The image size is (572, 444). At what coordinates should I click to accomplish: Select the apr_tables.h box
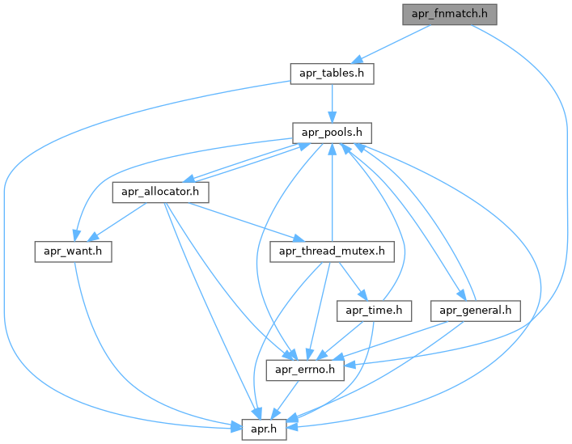coord(332,74)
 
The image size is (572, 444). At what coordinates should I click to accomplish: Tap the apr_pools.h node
coord(332,133)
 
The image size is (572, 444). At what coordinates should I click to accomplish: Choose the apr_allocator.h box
coord(161,192)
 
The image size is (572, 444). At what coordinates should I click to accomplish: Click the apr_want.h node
coord(72,252)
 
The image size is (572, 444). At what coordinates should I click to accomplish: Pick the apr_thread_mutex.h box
coord(332,252)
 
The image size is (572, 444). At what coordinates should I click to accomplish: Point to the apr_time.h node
coord(375,311)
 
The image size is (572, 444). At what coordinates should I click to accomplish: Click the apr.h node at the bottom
coord(264,429)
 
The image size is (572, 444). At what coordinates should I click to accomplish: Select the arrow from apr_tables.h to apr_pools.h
coord(332,103)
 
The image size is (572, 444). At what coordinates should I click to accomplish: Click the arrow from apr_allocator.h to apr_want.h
coord(117,222)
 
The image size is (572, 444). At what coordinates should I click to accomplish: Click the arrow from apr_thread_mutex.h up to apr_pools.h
coord(332,194)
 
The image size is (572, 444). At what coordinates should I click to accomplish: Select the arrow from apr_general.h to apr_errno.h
coord(396,339)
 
